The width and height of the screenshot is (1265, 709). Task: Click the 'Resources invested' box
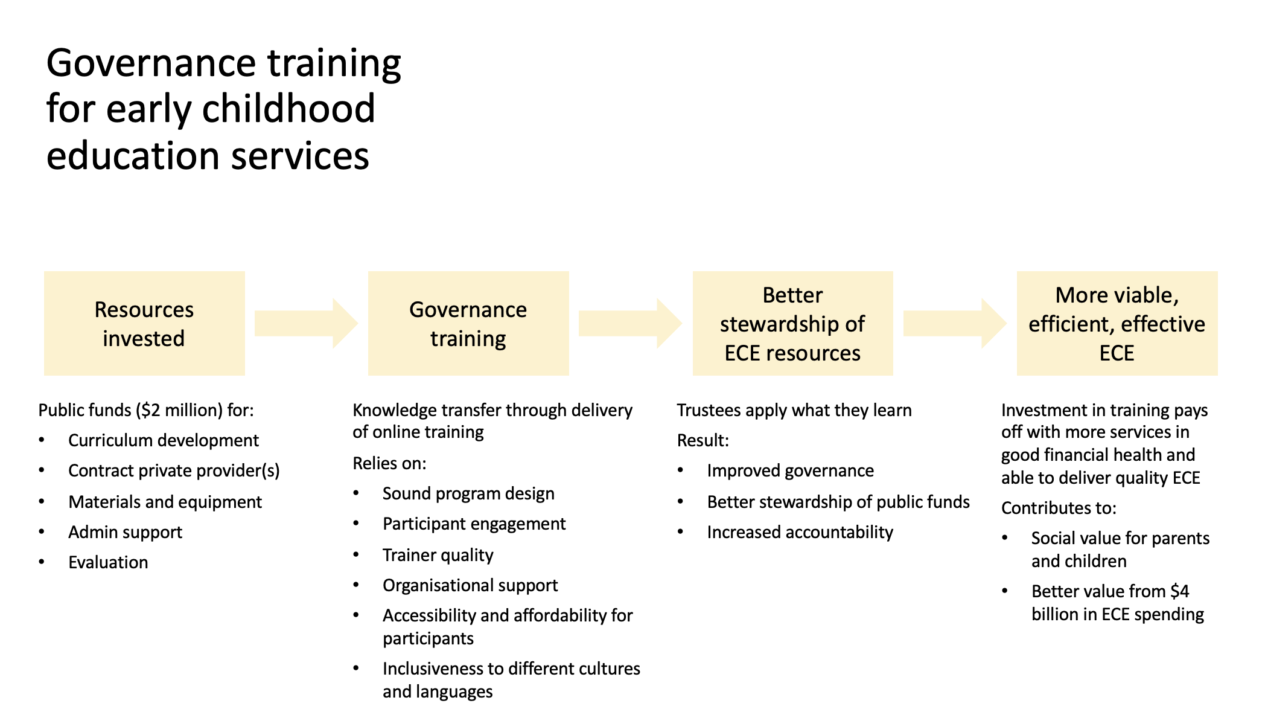coord(144,323)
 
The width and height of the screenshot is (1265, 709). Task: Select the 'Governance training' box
coord(468,323)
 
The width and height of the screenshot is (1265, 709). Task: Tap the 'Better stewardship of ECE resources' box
coord(792,323)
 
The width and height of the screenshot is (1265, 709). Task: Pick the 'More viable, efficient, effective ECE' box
coord(1117,323)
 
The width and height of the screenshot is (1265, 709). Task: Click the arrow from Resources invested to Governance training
coord(306,323)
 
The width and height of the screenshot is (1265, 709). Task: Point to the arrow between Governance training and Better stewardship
coord(630,323)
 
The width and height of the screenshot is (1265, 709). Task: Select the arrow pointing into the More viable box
coord(955,323)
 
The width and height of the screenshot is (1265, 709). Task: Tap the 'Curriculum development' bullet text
coord(164,440)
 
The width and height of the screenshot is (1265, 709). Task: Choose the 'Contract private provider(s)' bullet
coord(174,470)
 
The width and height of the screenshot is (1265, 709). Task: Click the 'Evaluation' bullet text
coord(108,562)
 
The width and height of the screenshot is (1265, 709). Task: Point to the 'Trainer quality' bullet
coord(438,555)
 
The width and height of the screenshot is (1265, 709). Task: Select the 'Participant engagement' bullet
coord(474,524)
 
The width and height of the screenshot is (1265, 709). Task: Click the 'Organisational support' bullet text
coord(470,585)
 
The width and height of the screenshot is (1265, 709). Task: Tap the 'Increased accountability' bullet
coord(800,532)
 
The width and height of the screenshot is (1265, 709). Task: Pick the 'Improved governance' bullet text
coord(791,470)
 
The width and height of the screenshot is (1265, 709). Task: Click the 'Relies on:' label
coord(390,463)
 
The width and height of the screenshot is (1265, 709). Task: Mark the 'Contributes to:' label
coord(1059,508)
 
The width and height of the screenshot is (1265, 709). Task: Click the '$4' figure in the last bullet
coord(1180,591)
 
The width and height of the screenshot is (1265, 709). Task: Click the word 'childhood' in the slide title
coord(288,109)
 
